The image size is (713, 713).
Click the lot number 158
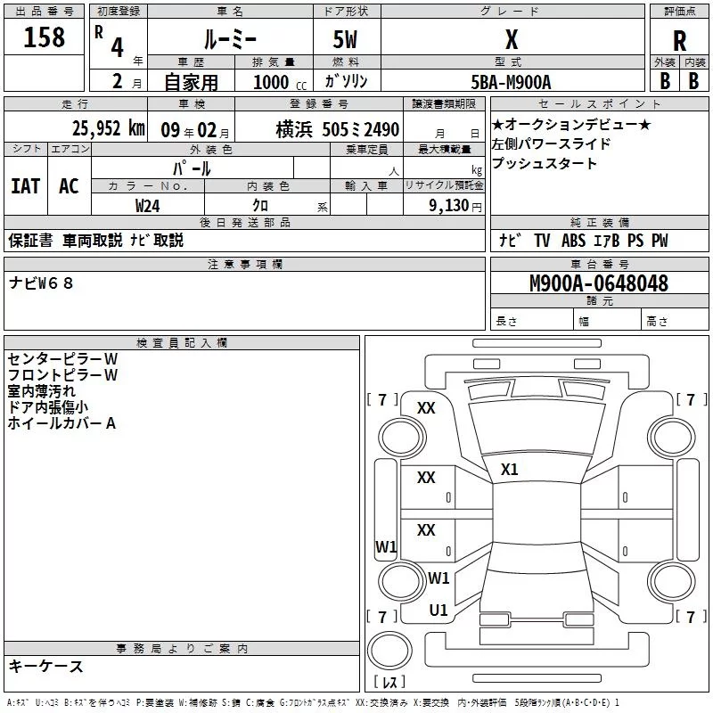[x=45, y=37]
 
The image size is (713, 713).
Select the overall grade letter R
[x=679, y=41]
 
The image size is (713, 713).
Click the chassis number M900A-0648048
[x=598, y=284]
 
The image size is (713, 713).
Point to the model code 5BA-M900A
[x=511, y=81]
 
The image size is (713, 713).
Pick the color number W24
[x=148, y=205]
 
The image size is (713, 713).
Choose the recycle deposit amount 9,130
[x=446, y=205]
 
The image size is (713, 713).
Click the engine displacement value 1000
[x=272, y=81]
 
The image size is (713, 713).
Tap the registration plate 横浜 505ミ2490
[x=324, y=129]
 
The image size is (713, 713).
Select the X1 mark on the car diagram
[x=510, y=469]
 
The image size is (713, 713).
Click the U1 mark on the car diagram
[x=438, y=610]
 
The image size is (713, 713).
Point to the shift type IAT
[x=26, y=185]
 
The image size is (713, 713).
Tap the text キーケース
[x=45, y=666]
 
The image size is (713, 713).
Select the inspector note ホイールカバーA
[x=61, y=423]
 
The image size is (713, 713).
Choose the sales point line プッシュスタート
[x=544, y=163]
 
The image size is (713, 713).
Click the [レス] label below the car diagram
[x=389, y=683]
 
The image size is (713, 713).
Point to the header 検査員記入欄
[x=182, y=343]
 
